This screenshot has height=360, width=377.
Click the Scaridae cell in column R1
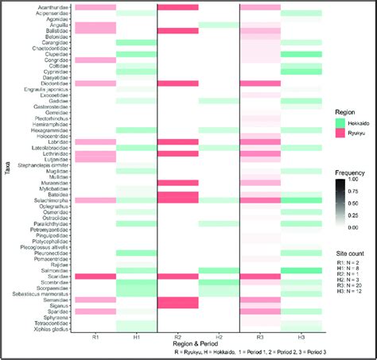click(x=95, y=276)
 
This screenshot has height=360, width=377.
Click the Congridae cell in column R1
click(x=95, y=60)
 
